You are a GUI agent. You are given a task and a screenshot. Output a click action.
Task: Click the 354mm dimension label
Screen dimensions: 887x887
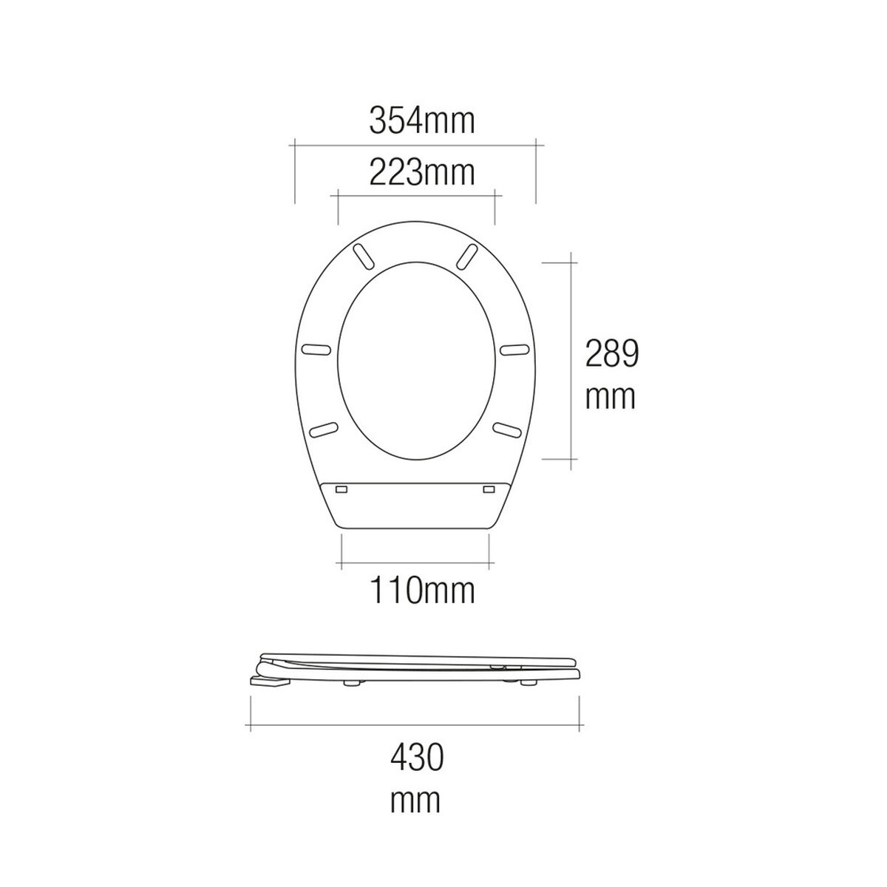(x=421, y=120)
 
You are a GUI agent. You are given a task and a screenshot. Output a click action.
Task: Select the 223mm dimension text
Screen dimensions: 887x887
(x=421, y=174)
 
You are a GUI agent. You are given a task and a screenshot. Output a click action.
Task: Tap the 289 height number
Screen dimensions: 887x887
(x=611, y=353)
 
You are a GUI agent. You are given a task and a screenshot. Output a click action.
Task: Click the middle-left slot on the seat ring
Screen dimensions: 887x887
(x=319, y=349)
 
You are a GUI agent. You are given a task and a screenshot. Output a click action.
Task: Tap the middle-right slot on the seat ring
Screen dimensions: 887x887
(x=512, y=349)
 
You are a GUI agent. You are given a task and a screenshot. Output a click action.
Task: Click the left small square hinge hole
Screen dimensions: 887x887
(x=341, y=489)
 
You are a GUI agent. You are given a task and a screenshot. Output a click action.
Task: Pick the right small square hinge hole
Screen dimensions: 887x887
(x=489, y=489)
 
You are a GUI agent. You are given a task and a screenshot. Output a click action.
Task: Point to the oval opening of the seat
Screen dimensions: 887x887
(x=416, y=359)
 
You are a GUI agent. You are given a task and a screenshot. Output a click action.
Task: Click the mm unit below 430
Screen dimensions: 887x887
(x=416, y=800)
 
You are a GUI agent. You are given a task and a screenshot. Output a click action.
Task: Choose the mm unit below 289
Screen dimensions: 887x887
(x=611, y=398)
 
